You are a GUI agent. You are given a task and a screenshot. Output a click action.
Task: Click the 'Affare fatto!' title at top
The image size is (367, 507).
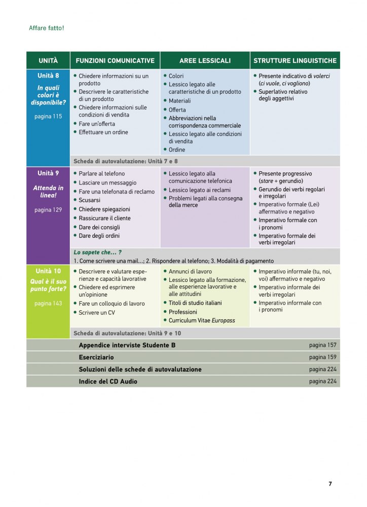click(x=46, y=28)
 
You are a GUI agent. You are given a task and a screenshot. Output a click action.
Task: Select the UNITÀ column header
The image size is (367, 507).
click(x=48, y=60)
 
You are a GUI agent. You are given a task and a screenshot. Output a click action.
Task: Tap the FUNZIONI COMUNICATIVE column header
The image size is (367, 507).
click(x=115, y=60)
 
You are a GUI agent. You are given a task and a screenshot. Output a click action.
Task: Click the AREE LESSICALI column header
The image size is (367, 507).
click(x=205, y=60)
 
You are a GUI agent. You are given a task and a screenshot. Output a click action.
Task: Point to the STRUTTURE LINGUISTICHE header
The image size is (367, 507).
click(x=295, y=60)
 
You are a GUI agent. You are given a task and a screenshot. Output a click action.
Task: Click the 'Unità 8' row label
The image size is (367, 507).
click(x=48, y=76)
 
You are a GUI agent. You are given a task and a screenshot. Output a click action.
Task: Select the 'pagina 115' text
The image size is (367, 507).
click(x=48, y=116)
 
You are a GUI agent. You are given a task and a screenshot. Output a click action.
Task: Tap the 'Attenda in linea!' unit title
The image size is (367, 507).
click(x=48, y=191)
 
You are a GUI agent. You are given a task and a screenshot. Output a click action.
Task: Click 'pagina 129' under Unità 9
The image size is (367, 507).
click(x=48, y=209)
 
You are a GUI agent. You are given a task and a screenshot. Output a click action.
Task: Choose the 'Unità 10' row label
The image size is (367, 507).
click(x=48, y=271)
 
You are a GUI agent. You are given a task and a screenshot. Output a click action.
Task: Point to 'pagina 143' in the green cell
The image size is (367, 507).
click(x=48, y=303)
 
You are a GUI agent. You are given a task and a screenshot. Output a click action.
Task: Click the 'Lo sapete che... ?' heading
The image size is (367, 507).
click(x=98, y=252)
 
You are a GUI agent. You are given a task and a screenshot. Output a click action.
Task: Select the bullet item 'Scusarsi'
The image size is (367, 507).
click(x=90, y=200)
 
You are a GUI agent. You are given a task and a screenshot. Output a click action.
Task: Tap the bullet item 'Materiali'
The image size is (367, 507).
click(x=179, y=101)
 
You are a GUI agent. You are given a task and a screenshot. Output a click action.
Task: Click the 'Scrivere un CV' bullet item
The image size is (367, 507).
click(x=97, y=313)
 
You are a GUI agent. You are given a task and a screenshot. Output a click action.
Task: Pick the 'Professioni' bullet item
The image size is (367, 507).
click(x=183, y=312)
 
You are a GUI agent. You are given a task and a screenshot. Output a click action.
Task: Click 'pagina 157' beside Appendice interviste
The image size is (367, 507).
click(x=322, y=345)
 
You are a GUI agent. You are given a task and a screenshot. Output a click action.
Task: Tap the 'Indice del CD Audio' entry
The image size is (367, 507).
click(x=108, y=381)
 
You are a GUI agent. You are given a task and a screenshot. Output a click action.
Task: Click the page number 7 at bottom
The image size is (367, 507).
click(x=330, y=484)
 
